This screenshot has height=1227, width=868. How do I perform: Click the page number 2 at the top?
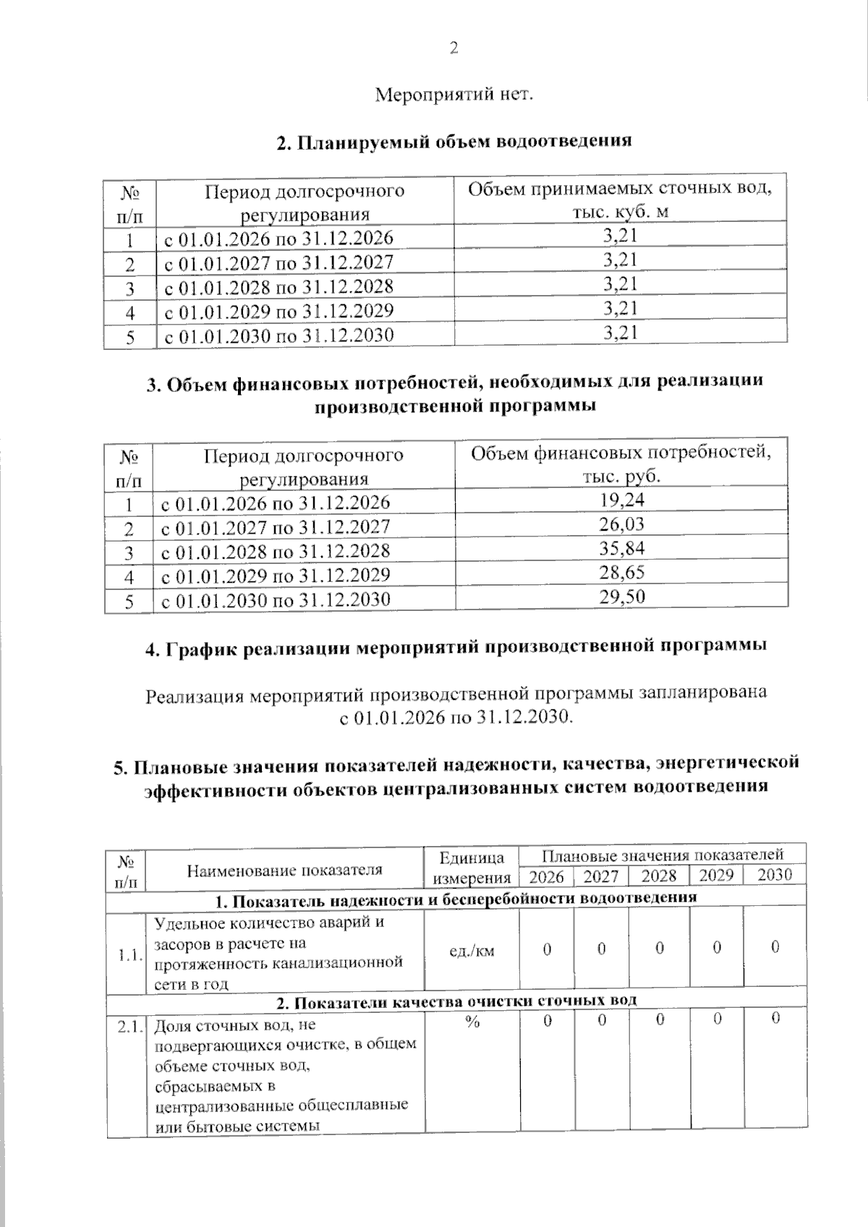454,48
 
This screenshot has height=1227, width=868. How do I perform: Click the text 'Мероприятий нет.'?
454,95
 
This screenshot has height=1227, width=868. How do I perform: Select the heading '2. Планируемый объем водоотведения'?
454,141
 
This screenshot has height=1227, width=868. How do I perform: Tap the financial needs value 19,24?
621,500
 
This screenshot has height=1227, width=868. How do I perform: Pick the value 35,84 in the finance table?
621,548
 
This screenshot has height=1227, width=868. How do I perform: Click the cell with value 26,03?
621,524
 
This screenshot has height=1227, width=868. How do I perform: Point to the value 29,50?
621,597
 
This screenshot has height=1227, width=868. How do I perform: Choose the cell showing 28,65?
621,573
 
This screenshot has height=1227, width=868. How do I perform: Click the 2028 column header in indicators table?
659,876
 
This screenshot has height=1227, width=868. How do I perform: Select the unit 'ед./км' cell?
472,950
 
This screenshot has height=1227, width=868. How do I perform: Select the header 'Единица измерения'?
472,868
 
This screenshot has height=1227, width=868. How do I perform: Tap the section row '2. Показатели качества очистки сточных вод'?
456,1001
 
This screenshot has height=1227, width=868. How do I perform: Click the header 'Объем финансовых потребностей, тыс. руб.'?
621,464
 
